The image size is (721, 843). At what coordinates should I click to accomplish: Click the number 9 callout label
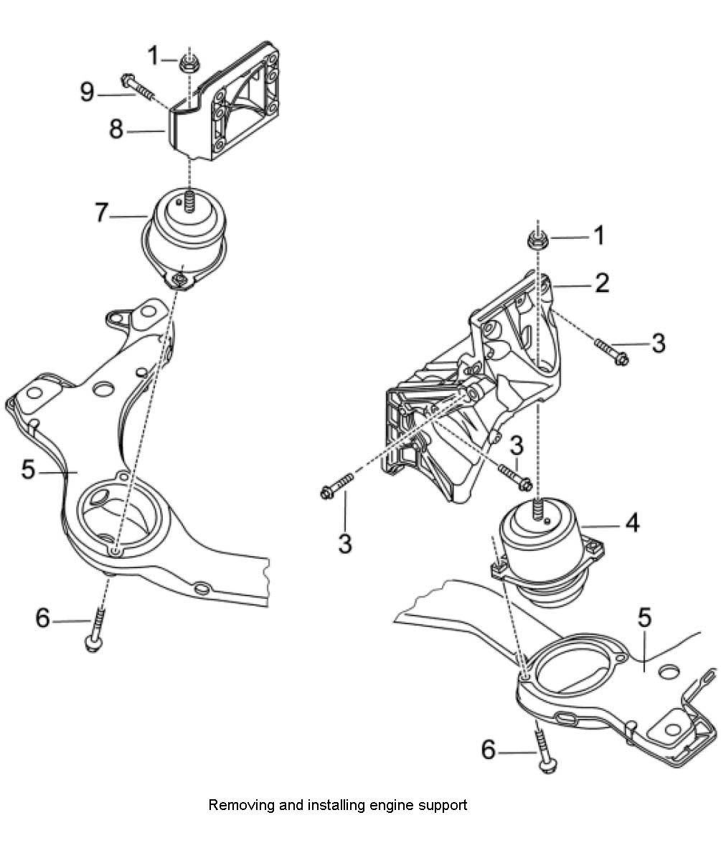(x=88, y=93)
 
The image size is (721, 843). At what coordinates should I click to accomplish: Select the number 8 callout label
(x=116, y=131)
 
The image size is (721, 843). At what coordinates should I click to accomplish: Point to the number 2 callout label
(x=601, y=283)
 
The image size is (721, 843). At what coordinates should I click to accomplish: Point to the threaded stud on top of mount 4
(x=537, y=509)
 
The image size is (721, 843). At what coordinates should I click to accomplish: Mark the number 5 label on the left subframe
(x=29, y=471)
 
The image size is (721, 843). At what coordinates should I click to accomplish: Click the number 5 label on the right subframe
(x=644, y=618)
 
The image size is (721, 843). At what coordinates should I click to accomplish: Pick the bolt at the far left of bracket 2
(x=335, y=486)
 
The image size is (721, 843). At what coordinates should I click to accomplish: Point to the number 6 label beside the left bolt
(x=44, y=617)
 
